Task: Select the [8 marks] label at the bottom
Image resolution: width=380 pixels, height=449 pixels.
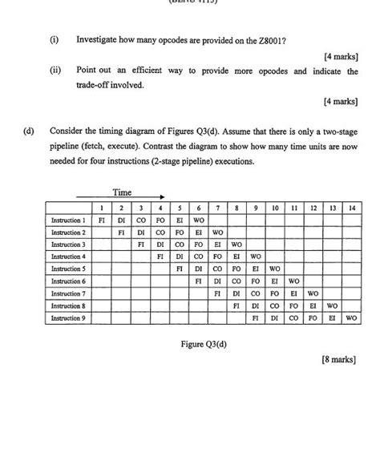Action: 338,361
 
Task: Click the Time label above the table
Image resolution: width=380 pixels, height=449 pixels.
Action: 122,192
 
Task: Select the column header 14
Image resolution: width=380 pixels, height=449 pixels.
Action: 350,208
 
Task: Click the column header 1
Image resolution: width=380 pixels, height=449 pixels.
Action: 101,208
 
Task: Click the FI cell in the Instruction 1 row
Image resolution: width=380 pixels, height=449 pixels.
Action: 101,220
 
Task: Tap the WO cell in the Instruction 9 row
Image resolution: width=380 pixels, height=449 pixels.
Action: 350,318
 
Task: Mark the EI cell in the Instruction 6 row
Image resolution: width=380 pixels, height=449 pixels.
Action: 274,281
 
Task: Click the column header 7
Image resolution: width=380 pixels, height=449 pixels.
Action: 216,208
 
